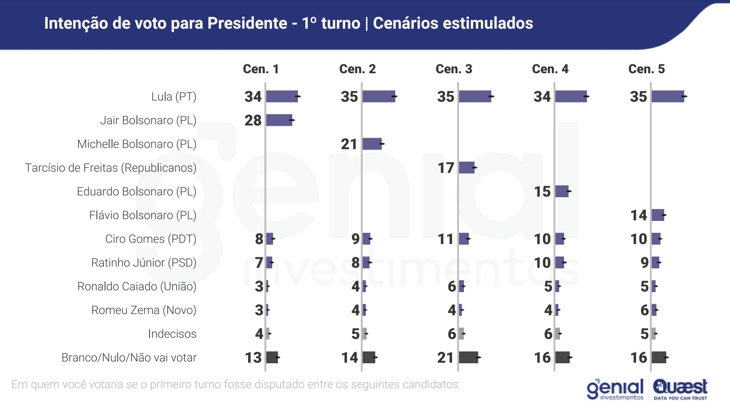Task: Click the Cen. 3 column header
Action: [x=454, y=69]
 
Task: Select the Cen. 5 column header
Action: [x=646, y=69]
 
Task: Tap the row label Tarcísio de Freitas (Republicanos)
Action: [x=110, y=168]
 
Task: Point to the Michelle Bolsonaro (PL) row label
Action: [x=137, y=144]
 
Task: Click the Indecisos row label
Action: [x=172, y=334]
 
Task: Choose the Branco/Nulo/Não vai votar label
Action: [x=129, y=358]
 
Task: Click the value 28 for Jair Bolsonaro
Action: [x=253, y=120]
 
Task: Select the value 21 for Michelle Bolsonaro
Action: [x=349, y=144]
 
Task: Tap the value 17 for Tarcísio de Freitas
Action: [x=446, y=168]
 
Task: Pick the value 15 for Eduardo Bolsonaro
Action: [x=542, y=191]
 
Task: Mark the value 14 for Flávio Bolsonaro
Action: [x=638, y=215]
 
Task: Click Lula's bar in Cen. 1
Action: [x=282, y=97]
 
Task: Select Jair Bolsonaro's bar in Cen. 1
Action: [x=279, y=120]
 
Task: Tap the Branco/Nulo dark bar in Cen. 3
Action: [x=468, y=358]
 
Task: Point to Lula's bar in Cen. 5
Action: [x=667, y=97]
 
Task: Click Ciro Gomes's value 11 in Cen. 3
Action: [x=446, y=239]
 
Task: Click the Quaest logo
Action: [x=680, y=389]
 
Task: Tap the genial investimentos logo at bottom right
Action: [x=615, y=389]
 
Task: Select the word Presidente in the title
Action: [x=247, y=23]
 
